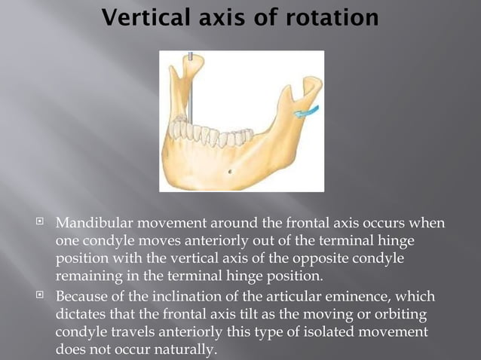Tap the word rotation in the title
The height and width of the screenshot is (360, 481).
click(331, 17)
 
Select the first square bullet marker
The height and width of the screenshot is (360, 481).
click(44, 224)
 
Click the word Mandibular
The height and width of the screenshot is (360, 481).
click(98, 224)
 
